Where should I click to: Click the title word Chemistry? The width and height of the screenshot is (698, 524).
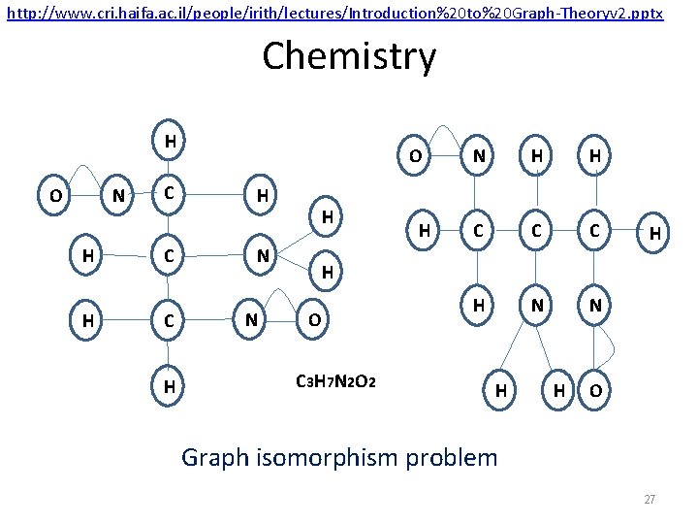point(349,56)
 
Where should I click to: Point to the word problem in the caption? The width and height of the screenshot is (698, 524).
point(451,456)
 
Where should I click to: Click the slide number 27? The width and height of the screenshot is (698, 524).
point(650,500)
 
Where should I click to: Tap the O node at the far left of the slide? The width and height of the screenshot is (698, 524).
point(57,196)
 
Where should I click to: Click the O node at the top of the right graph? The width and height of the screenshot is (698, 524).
point(414,156)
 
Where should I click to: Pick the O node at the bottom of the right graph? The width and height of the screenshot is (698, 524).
point(595,390)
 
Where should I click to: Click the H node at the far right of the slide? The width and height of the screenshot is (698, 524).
point(655,234)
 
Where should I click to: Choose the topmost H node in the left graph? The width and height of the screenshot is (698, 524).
point(170,142)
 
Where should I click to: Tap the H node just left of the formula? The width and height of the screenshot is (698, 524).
point(170,387)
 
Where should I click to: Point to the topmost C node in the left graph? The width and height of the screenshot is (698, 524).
point(170,193)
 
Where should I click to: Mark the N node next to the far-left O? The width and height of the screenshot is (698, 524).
point(118,196)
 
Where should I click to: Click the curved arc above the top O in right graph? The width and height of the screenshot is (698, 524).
point(445,129)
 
